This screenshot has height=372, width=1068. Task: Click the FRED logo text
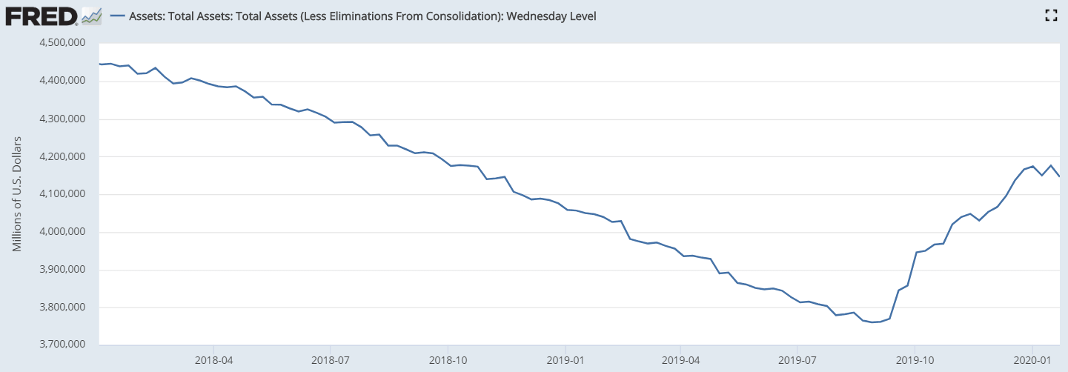click(41, 16)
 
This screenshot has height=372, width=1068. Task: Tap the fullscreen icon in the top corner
click(1049, 16)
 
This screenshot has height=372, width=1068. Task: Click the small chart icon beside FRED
click(92, 16)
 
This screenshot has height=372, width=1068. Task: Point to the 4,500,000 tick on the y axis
click(61, 43)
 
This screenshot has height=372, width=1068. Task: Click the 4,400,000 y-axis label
click(61, 81)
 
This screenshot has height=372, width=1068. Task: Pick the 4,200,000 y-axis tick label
click(61, 156)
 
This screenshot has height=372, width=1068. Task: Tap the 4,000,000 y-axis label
click(61, 232)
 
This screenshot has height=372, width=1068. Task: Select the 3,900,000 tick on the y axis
click(61, 270)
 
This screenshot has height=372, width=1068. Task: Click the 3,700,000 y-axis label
click(61, 345)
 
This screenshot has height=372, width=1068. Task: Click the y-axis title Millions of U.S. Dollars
click(17, 194)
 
